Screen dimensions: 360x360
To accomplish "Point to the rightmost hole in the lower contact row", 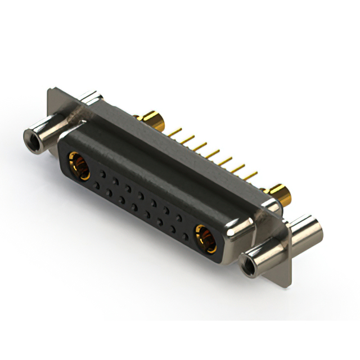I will pyautogui.click(x=185, y=232).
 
